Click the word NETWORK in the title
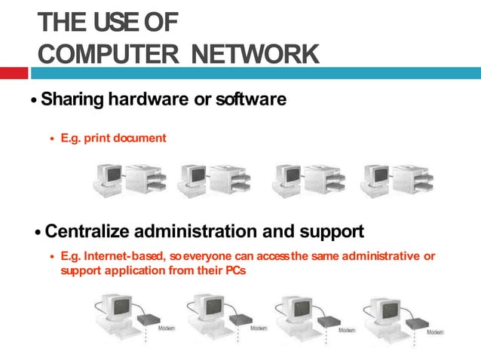pos(256,54)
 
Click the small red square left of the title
pos(14,73)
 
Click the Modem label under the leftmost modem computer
pos(166,329)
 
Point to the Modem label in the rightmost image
pos(435,331)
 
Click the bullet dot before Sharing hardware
pos(33,101)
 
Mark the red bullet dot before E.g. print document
pos(52,139)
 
